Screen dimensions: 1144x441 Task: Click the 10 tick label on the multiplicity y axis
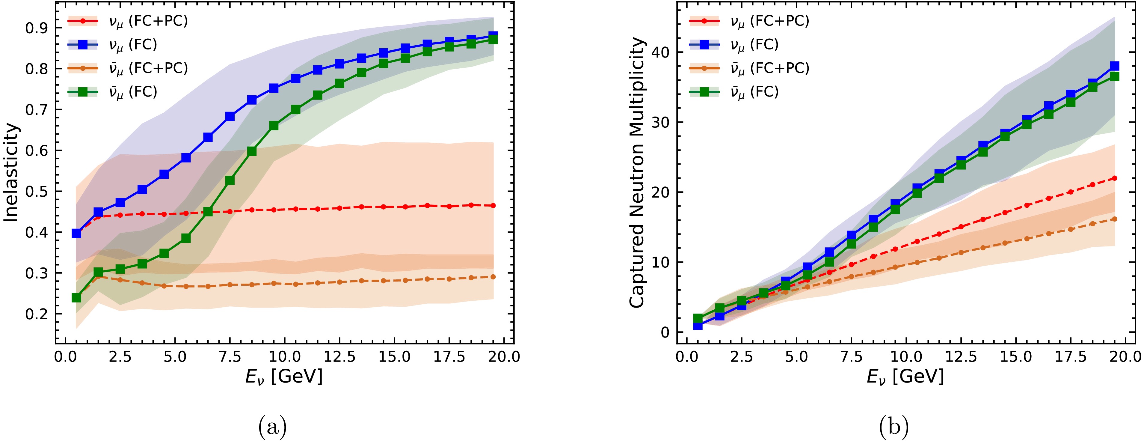tap(661, 262)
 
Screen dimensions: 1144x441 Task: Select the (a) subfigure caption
tap(272, 427)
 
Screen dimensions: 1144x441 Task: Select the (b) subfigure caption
tap(894, 427)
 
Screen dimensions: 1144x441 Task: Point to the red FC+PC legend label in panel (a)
tap(148, 21)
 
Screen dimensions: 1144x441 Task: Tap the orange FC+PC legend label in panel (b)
tap(770, 68)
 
